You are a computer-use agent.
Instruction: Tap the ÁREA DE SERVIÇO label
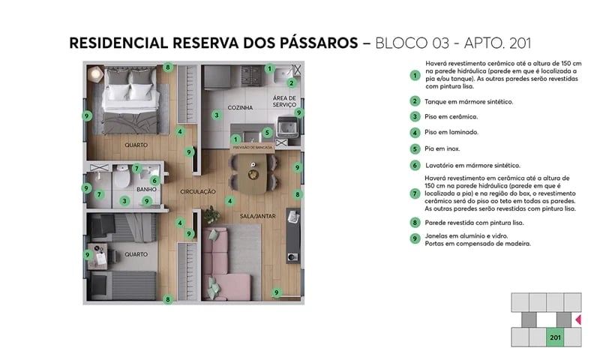(x=284, y=103)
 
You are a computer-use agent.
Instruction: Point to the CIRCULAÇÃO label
(x=198, y=192)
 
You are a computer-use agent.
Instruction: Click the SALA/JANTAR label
(x=255, y=216)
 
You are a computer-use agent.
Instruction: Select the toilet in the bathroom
(x=120, y=182)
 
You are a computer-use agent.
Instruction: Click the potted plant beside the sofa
(x=212, y=215)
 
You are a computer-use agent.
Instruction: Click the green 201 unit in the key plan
(x=555, y=337)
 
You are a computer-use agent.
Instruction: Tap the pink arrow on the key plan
(x=577, y=320)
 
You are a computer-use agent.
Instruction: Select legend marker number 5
(x=413, y=148)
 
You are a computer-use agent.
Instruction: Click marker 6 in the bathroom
(x=153, y=180)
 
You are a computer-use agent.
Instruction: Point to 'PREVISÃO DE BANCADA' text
(x=253, y=148)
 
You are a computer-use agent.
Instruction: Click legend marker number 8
(x=413, y=222)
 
